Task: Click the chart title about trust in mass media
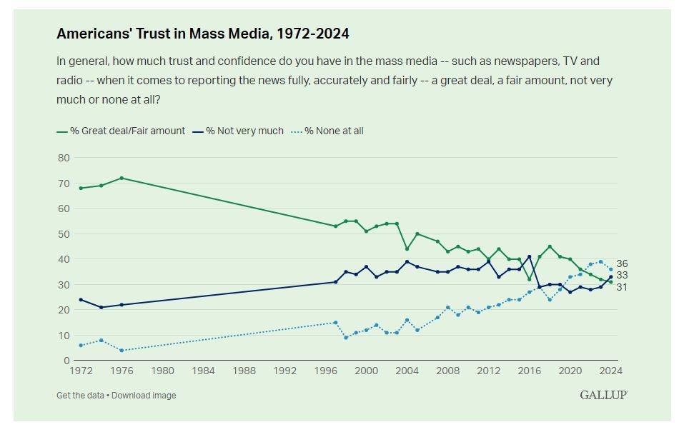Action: coord(202,34)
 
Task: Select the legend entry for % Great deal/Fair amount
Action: coord(121,131)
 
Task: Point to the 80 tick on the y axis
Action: coord(64,158)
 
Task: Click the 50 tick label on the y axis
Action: coord(64,234)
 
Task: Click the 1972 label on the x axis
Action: coord(81,371)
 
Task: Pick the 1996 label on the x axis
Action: coord(325,371)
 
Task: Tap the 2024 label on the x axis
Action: coord(610,371)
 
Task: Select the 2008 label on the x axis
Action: coord(447,371)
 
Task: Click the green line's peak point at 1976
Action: coord(122,178)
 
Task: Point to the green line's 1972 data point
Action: coord(81,188)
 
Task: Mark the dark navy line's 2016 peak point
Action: coord(529,256)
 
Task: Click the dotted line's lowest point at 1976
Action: coord(122,350)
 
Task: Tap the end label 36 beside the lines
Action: coord(621,263)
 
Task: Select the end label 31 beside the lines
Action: coord(621,287)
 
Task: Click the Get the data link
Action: coord(81,395)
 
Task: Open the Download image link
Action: coord(144,395)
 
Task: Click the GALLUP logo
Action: coord(603,395)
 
